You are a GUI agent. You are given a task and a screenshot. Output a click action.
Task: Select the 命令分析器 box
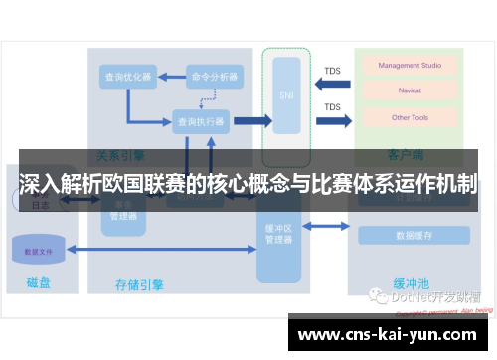214,77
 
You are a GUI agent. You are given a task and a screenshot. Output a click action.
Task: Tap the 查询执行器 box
201,121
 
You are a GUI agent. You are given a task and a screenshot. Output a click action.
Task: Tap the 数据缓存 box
413,236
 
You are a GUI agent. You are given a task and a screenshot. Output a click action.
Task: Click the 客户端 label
406,155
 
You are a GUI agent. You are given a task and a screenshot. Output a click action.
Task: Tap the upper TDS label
332,71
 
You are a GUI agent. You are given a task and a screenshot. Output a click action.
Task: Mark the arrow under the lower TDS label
333,121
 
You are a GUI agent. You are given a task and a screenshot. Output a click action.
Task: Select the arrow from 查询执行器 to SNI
251,121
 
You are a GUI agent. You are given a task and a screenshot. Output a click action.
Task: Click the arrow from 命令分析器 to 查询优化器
169,77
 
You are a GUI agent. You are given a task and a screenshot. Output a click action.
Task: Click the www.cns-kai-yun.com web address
387,334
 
